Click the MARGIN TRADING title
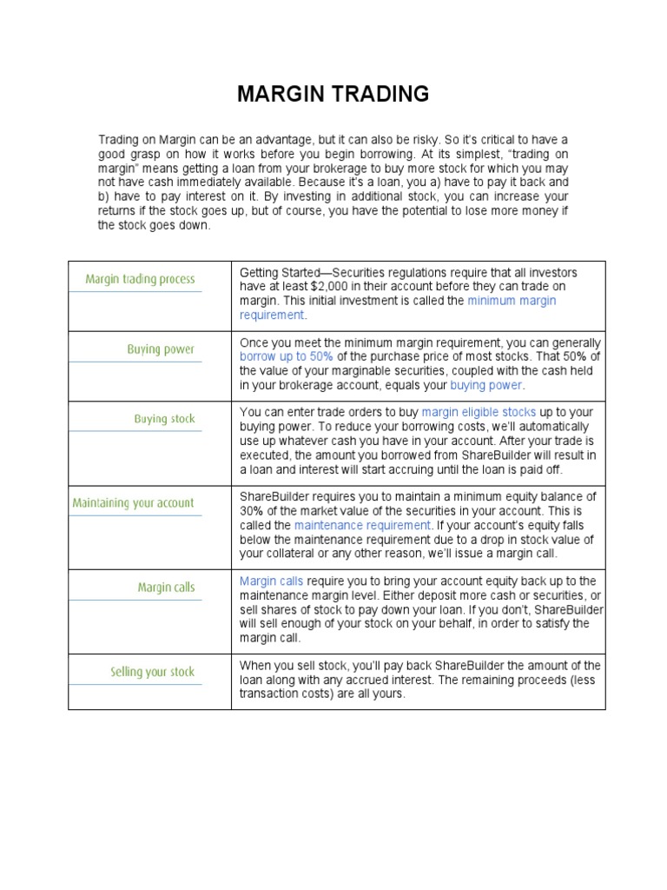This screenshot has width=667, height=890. pyautogui.click(x=333, y=94)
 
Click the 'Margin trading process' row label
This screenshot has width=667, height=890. pyautogui.click(x=141, y=279)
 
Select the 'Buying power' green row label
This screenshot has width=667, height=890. pyautogui.click(x=161, y=349)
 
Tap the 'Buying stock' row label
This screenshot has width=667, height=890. pyautogui.click(x=164, y=419)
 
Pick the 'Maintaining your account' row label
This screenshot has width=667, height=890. pyautogui.click(x=133, y=502)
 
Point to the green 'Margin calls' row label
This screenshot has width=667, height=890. pyautogui.click(x=166, y=588)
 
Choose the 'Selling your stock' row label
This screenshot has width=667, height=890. pyautogui.click(x=152, y=671)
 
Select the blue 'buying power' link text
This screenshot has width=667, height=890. pyautogui.click(x=486, y=385)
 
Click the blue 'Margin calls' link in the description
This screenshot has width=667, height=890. pyautogui.click(x=270, y=581)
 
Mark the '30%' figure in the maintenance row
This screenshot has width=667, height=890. pyautogui.click(x=253, y=512)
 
